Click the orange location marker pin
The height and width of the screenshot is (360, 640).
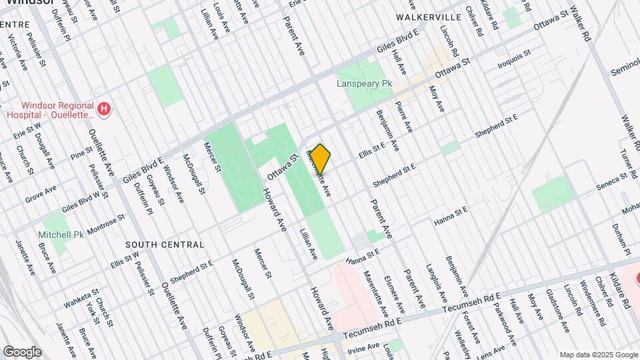[320, 159]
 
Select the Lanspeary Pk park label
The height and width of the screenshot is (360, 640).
[363, 85]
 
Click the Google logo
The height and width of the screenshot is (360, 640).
[21, 352]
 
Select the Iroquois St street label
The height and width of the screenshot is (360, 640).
[514, 60]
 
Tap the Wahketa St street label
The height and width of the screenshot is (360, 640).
[81, 299]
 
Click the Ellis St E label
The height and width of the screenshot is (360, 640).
[373, 146]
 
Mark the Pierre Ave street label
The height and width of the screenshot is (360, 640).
[403, 117]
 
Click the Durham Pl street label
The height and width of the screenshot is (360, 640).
[624, 243]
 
